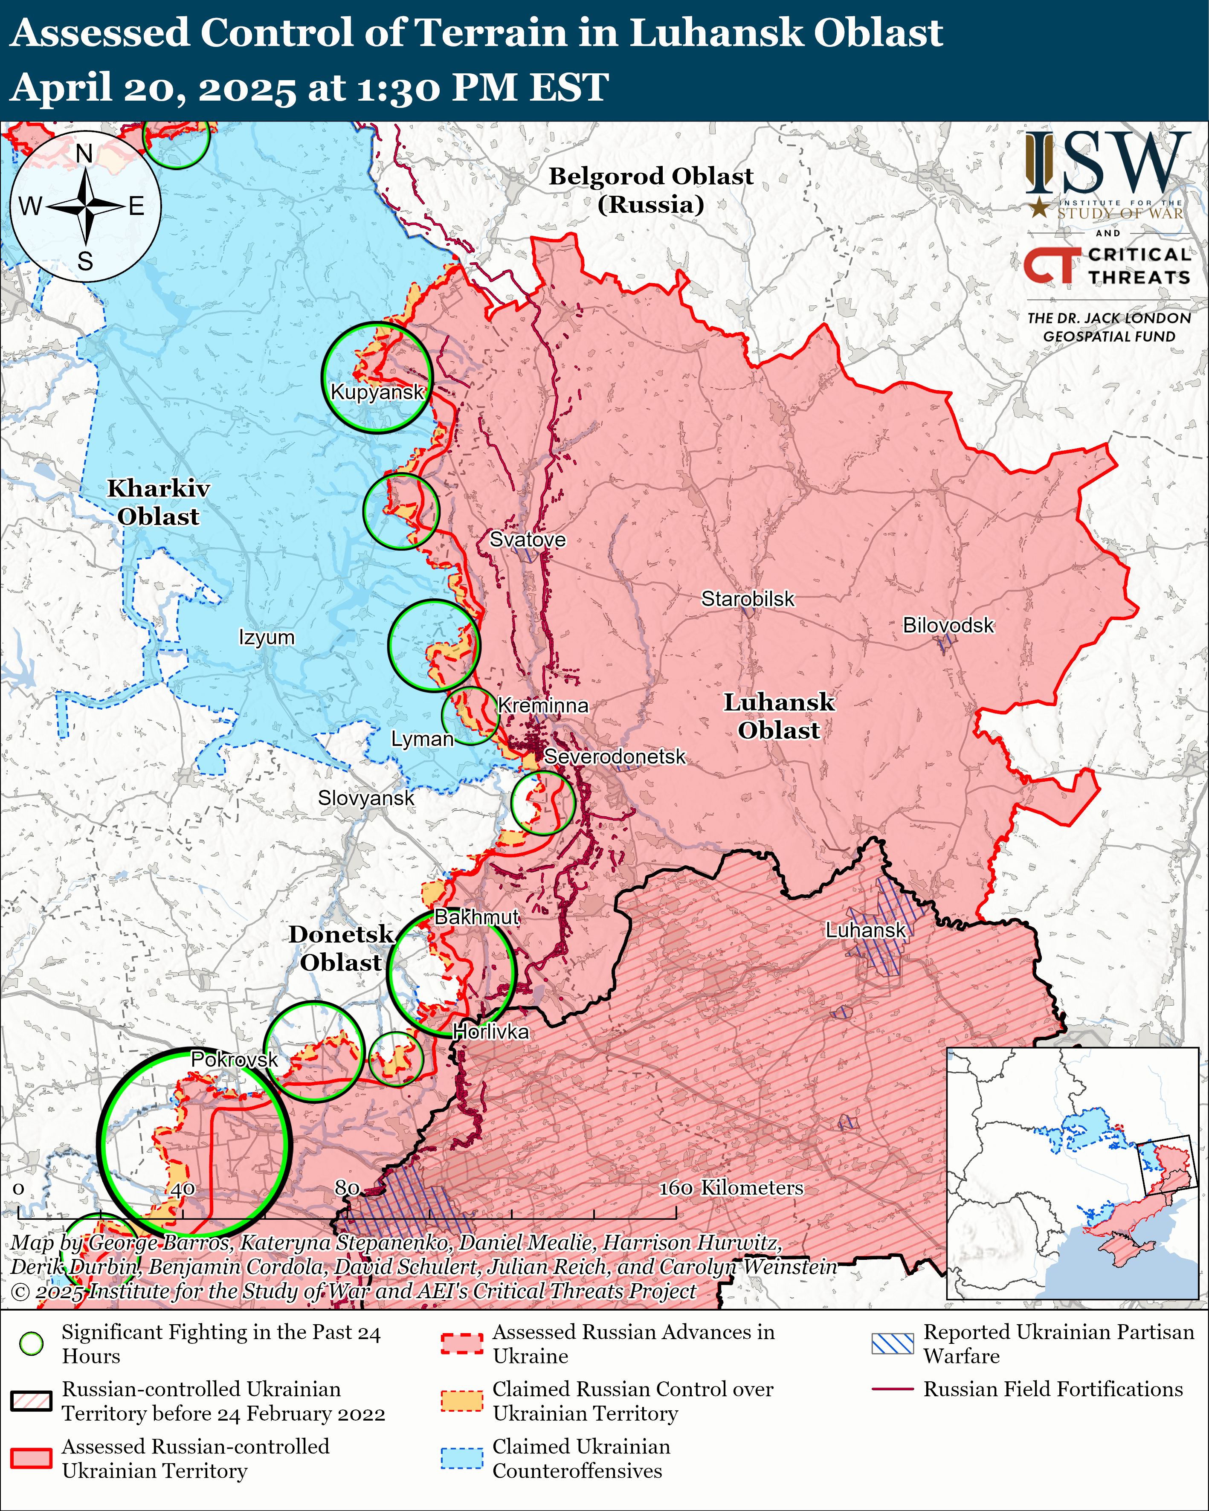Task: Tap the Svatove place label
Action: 527,539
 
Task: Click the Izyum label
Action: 267,637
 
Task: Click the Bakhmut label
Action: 477,916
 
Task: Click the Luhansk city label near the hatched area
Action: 866,930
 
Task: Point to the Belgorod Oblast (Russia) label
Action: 650,190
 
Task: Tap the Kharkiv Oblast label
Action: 158,502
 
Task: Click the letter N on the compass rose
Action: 84,154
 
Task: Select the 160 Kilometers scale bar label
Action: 731,1187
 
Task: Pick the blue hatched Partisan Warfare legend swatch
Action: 892,1343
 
